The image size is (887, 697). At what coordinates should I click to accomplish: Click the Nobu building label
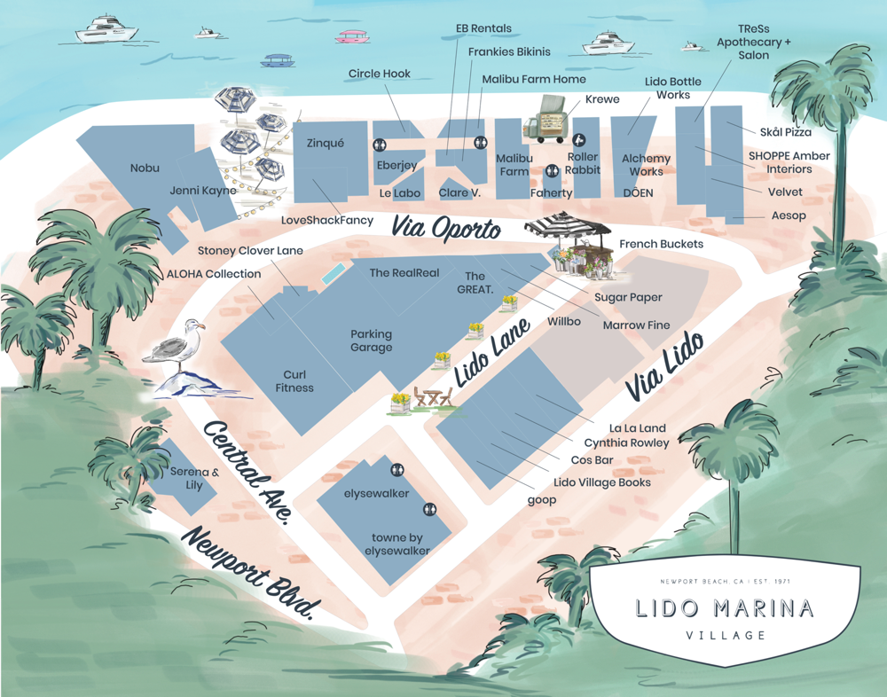pyautogui.click(x=145, y=168)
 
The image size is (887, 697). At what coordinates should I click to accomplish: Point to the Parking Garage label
pyautogui.click(x=371, y=341)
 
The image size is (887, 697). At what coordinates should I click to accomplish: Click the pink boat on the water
pyautogui.click(x=352, y=36)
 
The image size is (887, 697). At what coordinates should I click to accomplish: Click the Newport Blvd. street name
pyautogui.click(x=250, y=574)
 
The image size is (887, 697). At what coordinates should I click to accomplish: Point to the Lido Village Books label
pyautogui.click(x=601, y=482)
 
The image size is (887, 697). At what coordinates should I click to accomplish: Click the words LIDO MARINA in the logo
pyautogui.click(x=725, y=608)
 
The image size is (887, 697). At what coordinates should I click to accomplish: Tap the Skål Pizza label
pyautogui.click(x=785, y=132)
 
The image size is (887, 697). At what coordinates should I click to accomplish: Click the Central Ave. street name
pyautogui.click(x=247, y=472)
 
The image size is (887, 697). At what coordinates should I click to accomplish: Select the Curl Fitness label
pyautogui.click(x=294, y=381)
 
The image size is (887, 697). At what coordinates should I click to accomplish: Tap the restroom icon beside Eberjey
pyautogui.click(x=380, y=145)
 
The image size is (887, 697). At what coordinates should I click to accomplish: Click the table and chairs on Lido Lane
pyautogui.click(x=434, y=397)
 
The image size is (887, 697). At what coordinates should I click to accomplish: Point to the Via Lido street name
pyautogui.click(x=664, y=364)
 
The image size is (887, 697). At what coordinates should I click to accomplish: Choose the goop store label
pyautogui.click(x=541, y=500)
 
